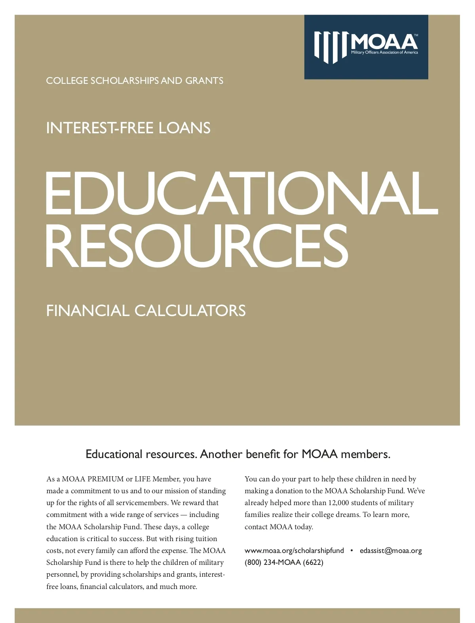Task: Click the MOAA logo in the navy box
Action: point(366,47)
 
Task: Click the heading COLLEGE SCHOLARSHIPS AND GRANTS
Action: point(135,81)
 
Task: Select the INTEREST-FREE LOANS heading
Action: point(128,128)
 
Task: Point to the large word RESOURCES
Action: point(197,245)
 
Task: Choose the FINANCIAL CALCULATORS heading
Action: point(146,311)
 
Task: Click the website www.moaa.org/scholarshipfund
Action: point(294,551)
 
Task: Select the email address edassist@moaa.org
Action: point(391,551)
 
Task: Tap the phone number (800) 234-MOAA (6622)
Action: point(284,562)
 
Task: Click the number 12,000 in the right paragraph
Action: point(338,503)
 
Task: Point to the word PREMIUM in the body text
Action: point(106,479)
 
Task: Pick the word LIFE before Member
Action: point(142,479)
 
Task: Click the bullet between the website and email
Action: point(351,551)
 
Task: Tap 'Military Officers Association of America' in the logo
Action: point(384,53)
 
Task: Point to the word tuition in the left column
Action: point(206,539)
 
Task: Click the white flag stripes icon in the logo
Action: point(331,47)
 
